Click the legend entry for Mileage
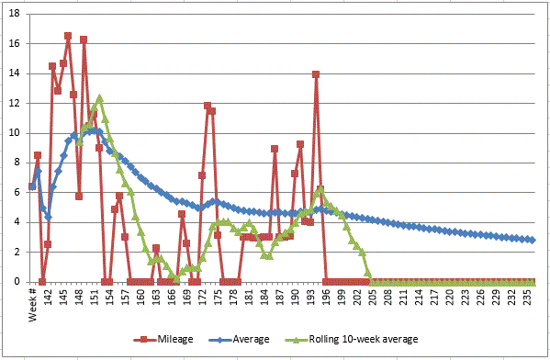[x=170, y=339]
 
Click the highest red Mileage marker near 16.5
[x=68, y=36]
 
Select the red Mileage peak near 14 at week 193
[x=316, y=74]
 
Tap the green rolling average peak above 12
[x=99, y=98]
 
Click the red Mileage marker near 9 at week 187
[x=275, y=149]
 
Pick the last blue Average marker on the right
[x=532, y=240]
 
